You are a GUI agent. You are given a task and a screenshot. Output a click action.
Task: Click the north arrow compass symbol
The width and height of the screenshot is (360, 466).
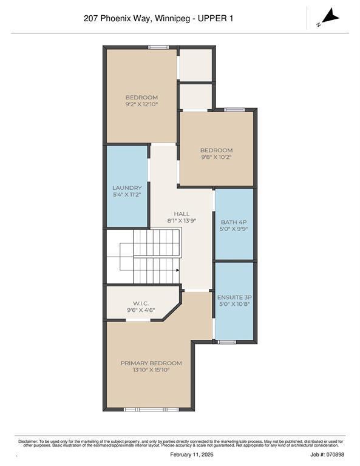click(328, 17)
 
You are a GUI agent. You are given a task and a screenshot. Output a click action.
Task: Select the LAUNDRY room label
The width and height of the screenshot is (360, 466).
click(127, 188)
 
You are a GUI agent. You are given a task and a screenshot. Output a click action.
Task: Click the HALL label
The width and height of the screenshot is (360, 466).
click(182, 214)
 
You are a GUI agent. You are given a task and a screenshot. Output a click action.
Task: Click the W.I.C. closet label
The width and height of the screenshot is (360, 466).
click(141, 303)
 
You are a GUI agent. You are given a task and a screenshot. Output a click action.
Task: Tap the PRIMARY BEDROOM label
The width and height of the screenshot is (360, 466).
click(151, 363)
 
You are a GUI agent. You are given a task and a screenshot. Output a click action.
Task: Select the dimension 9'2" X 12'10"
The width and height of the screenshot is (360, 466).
click(141, 105)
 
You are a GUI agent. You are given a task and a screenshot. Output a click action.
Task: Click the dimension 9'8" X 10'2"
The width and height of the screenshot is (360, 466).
click(216, 157)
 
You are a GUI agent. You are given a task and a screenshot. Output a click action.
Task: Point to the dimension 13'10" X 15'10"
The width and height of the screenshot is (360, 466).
click(151, 370)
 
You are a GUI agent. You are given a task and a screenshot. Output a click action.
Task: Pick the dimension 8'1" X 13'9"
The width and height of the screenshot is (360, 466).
click(182, 221)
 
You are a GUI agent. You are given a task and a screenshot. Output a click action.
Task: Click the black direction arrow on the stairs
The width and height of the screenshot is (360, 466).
click(177, 271)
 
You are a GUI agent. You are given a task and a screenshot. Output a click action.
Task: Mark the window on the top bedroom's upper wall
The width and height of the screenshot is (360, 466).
click(158, 47)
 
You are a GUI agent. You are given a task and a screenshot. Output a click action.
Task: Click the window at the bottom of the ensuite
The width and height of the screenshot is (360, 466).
click(226, 342)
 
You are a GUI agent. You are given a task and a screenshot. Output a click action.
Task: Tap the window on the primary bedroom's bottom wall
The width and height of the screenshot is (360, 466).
click(151, 410)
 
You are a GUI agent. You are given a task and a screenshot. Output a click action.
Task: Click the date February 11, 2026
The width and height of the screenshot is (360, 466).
click(180, 454)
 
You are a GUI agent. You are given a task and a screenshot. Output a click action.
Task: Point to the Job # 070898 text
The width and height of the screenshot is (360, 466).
click(327, 454)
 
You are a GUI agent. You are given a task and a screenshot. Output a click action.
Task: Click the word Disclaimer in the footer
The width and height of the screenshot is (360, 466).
click(28, 441)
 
